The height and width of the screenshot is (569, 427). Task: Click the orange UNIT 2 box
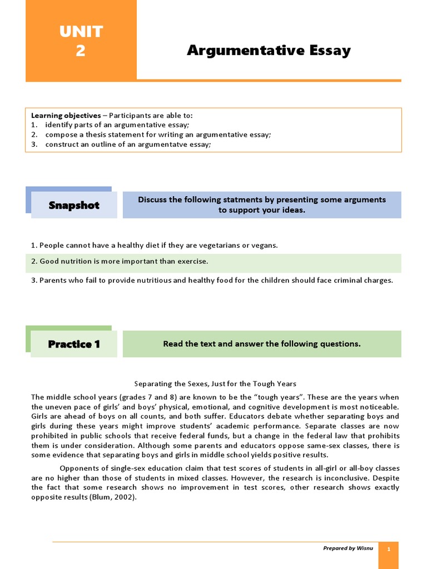(x=81, y=40)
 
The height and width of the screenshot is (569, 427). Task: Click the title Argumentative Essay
(x=269, y=51)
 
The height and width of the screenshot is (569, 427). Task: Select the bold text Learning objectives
(x=66, y=116)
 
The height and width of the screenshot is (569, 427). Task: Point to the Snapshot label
(x=74, y=205)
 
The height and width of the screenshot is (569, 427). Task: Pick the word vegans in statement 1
(x=264, y=245)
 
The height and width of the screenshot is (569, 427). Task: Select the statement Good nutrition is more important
(x=120, y=261)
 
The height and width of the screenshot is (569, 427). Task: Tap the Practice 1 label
(x=74, y=344)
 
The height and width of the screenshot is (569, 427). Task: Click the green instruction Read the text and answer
(x=261, y=344)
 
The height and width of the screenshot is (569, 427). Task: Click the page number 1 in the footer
(x=389, y=549)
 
